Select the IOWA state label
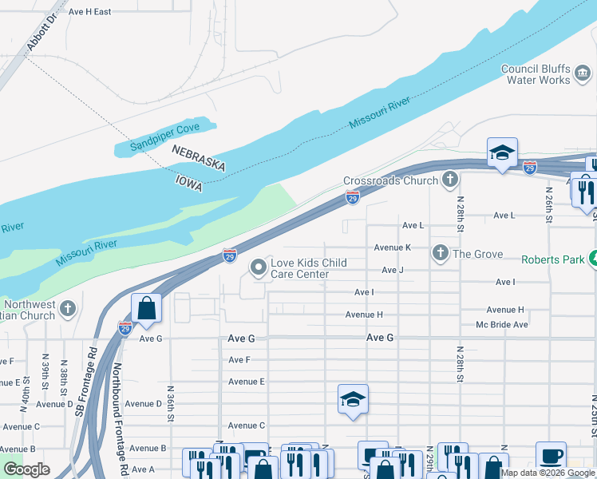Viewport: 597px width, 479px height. click(x=188, y=181)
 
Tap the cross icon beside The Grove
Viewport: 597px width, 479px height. click(x=440, y=254)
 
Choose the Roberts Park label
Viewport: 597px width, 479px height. click(x=552, y=259)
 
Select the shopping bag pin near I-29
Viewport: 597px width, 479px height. click(x=147, y=308)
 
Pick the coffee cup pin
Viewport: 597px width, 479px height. click(x=551, y=456)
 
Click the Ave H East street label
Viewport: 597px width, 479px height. click(x=89, y=12)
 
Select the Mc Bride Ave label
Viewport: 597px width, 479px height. click(x=502, y=325)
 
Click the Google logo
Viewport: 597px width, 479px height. click(x=27, y=469)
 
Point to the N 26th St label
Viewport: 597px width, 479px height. click(x=549, y=204)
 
